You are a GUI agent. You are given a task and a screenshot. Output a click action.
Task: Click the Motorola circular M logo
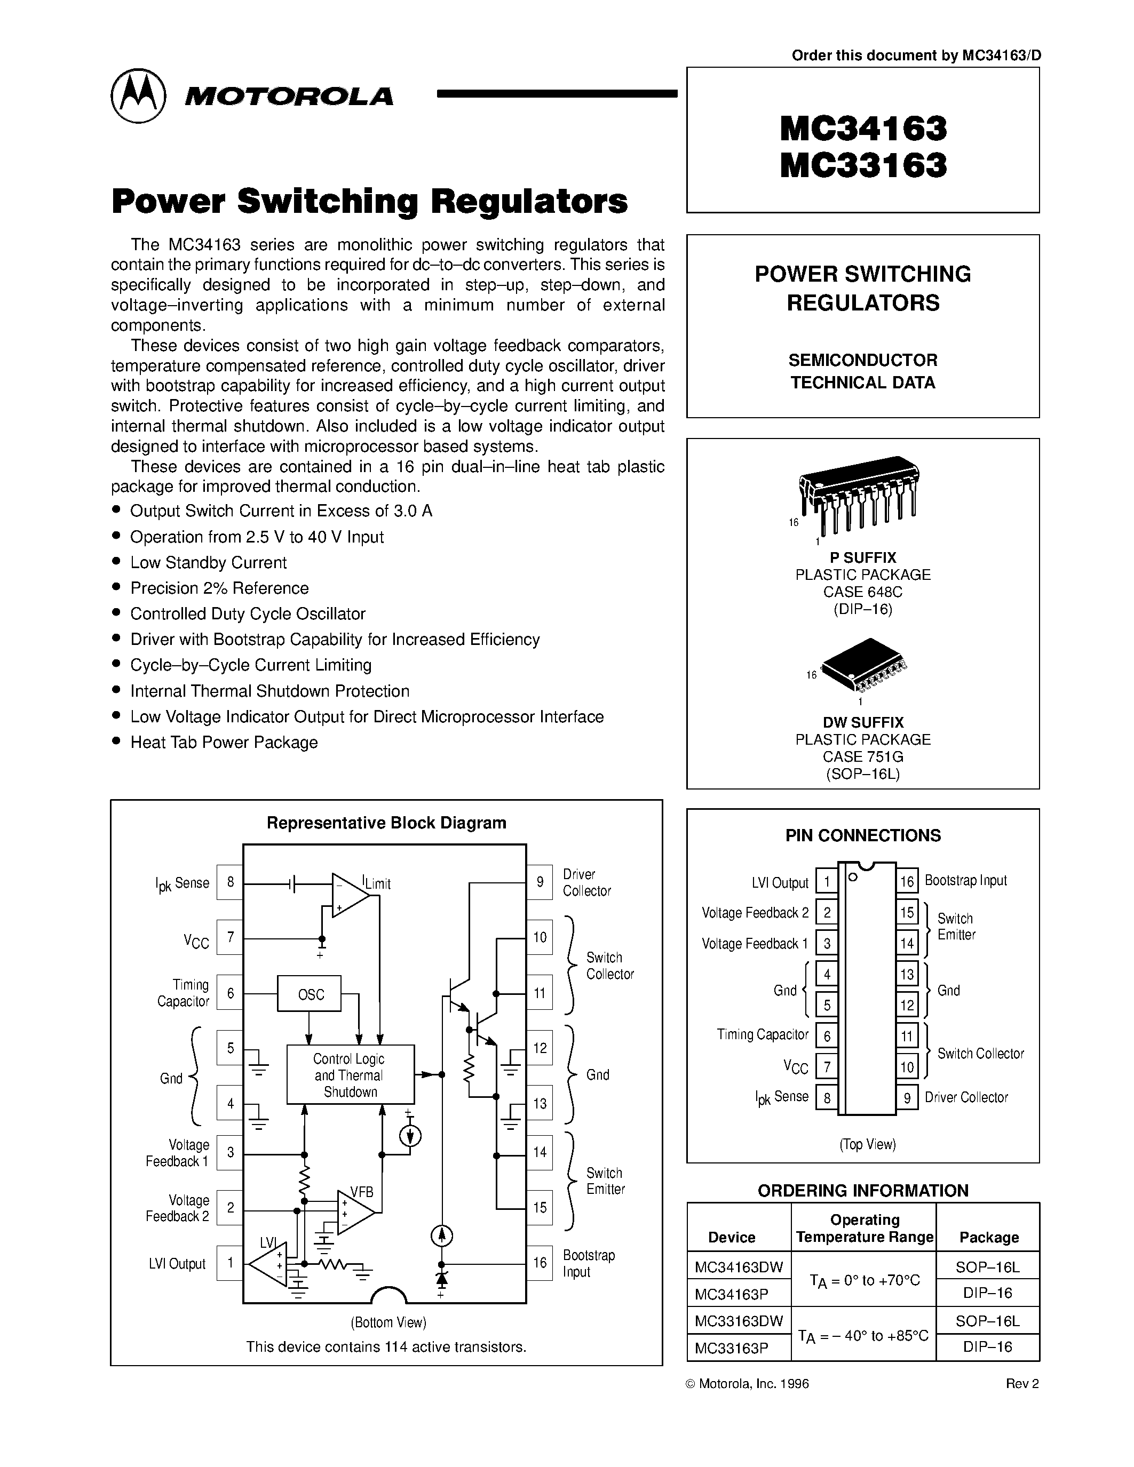(x=138, y=95)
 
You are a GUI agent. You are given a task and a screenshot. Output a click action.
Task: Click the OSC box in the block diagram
(x=309, y=993)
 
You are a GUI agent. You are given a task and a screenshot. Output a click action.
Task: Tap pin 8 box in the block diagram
(x=230, y=882)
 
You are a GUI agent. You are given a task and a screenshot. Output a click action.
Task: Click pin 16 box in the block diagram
(x=540, y=1263)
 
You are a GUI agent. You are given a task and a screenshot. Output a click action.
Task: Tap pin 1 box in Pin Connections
(x=826, y=882)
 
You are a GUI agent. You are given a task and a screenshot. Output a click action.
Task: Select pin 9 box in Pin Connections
(x=907, y=1097)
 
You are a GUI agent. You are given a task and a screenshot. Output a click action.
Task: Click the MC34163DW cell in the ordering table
(x=739, y=1267)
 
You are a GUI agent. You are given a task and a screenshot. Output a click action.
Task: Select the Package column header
(x=988, y=1237)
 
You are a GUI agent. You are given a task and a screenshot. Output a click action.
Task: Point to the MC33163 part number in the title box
(x=863, y=165)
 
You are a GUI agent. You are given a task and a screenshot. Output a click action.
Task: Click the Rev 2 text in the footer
(x=1022, y=1383)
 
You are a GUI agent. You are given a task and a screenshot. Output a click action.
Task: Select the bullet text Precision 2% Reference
(x=219, y=588)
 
